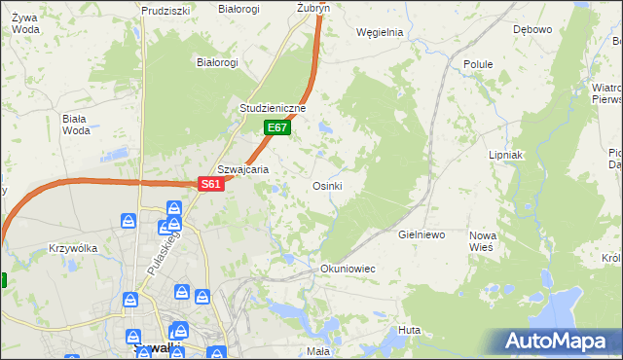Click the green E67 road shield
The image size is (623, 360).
pyautogui.click(x=277, y=127)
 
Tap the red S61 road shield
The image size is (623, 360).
pyautogui.click(x=212, y=184)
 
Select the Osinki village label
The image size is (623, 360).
pyautogui.click(x=327, y=186)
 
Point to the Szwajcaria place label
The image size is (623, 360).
pyautogui.click(x=242, y=168)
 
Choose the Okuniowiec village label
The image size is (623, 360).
pyautogui.click(x=348, y=268)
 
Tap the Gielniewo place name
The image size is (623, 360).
pyautogui.click(x=421, y=235)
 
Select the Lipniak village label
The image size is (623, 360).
pyautogui.click(x=506, y=155)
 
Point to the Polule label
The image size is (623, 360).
pyautogui.click(x=478, y=64)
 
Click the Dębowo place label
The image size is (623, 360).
pyautogui.click(x=532, y=29)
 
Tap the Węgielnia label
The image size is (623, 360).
pyautogui.click(x=380, y=32)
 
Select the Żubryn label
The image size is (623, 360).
pyautogui.click(x=313, y=7)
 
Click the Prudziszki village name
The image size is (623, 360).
pyautogui.click(x=164, y=10)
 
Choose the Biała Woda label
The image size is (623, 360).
pyautogui.click(x=75, y=125)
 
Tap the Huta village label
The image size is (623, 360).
pyautogui.click(x=409, y=331)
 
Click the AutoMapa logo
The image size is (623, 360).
pyautogui.click(x=556, y=341)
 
